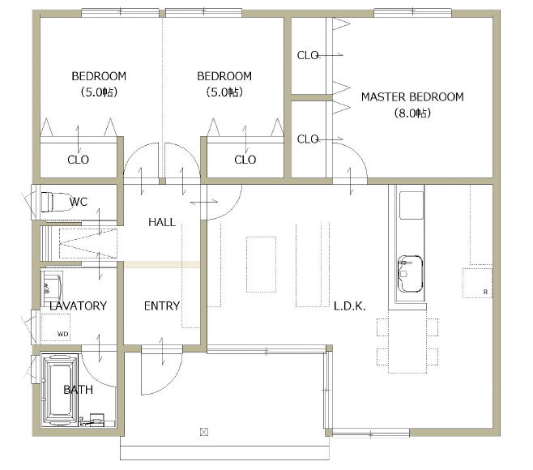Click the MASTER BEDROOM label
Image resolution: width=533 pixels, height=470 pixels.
pos(412,97)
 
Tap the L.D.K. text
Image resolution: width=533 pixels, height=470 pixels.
pos(349,306)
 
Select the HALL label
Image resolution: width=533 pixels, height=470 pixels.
pos(162,222)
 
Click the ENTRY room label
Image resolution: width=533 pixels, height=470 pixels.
pos(162,305)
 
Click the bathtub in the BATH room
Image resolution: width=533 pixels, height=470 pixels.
pos(60,390)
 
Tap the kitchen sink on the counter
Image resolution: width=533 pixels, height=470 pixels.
pos(410,274)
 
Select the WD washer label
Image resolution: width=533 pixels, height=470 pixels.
pos(62,334)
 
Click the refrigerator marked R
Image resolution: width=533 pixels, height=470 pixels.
pos(477,283)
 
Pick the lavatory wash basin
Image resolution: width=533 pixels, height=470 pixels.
pos(51,288)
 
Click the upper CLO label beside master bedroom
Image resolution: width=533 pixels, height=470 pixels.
pos(308,55)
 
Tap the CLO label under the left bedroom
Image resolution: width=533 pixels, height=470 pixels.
pos(79,160)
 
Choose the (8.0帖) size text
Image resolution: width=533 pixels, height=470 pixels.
pos(412,113)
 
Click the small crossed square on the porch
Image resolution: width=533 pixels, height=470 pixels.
pos(204,432)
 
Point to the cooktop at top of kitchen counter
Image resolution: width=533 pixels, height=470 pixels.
pos(411,205)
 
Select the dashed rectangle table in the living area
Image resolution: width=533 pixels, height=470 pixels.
pos(261,264)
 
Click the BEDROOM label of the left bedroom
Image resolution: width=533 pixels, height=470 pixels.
pos(99,76)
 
